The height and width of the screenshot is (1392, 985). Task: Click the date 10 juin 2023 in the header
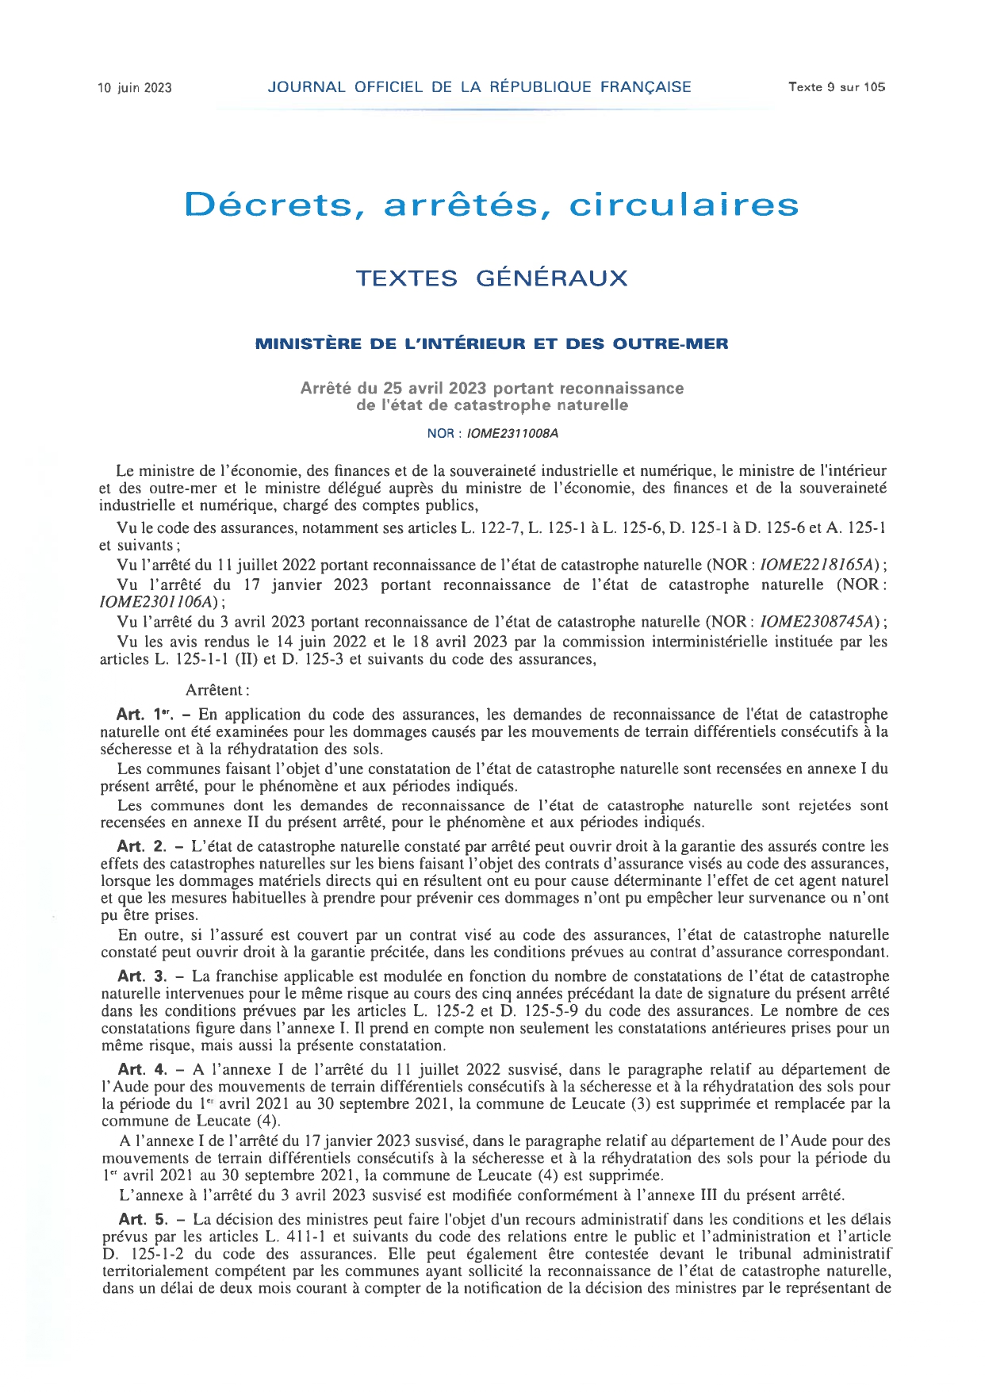(134, 88)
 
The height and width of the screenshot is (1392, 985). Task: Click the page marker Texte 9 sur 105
(836, 87)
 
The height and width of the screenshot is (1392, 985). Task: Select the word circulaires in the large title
(684, 205)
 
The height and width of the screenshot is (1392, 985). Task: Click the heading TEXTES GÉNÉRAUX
(492, 278)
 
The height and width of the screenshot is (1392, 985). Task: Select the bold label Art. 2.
(142, 846)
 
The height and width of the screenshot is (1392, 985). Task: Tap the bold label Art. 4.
(143, 1069)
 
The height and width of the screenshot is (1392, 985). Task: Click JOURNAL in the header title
(306, 87)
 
